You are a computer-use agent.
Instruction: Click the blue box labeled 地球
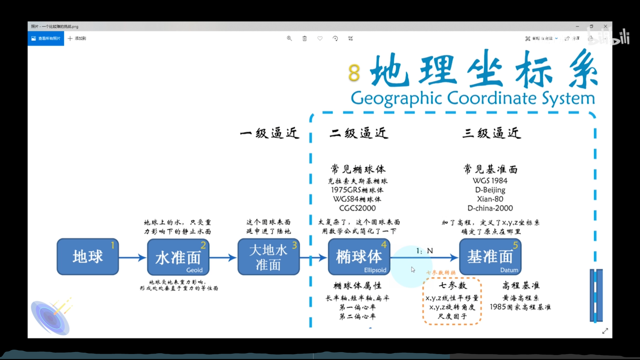click(88, 257)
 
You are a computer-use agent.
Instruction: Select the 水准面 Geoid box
click(178, 257)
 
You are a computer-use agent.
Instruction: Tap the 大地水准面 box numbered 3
click(268, 257)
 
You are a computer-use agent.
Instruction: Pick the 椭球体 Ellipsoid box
click(359, 257)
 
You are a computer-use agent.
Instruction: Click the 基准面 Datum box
click(490, 257)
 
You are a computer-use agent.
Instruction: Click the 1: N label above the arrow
click(424, 251)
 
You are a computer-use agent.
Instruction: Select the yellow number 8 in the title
click(354, 73)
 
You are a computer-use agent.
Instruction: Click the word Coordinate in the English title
click(492, 98)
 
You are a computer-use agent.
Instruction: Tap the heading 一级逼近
click(270, 133)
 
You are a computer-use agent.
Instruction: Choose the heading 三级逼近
click(492, 133)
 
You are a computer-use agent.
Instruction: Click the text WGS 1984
click(490, 181)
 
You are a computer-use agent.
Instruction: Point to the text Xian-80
click(490, 199)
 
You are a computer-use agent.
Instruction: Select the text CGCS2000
click(357, 208)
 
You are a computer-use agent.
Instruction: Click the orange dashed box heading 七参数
click(453, 285)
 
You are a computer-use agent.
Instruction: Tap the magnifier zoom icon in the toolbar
click(289, 38)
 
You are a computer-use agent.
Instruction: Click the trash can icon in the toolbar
click(304, 38)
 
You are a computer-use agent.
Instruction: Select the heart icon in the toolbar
click(320, 38)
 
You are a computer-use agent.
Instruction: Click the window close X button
click(605, 26)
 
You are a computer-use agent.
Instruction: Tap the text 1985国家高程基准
click(520, 307)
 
